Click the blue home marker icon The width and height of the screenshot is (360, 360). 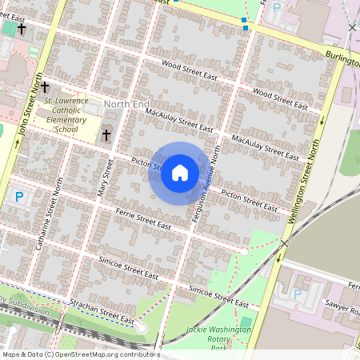point(180,173)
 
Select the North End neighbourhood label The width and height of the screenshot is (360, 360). point(126,105)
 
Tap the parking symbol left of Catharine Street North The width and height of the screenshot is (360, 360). point(19,196)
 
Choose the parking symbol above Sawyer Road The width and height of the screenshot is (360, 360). point(298,294)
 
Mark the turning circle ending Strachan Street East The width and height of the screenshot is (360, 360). point(142,329)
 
